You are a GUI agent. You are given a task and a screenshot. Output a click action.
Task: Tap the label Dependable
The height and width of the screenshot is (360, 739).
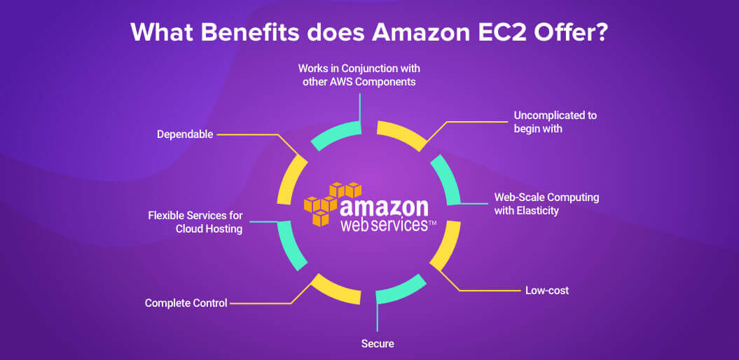[x=185, y=134]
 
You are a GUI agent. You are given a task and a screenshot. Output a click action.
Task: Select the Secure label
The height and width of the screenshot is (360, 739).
[x=378, y=343]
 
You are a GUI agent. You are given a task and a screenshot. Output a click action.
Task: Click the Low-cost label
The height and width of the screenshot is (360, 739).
[x=546, y=290]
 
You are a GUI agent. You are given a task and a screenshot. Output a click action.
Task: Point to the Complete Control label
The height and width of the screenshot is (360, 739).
[x=186, y=303]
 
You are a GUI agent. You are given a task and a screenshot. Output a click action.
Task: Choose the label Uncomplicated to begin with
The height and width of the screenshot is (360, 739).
[x=555, y=122]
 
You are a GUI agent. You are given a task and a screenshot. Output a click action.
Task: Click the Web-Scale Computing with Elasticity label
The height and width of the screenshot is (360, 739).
[x=546, y=204]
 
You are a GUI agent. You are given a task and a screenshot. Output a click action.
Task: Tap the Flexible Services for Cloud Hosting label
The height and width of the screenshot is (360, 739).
[x=195, y=223]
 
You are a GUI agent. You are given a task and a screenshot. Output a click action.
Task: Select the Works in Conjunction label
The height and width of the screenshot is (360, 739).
[x=359, y=75]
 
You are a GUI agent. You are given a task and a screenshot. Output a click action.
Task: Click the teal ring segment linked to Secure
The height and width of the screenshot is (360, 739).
[x=400, y=289]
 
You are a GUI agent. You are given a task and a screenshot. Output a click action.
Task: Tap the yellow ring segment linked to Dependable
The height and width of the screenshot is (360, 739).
[x=289, y=179]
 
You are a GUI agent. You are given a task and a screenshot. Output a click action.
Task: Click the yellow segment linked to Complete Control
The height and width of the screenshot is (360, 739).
[x=334, y=288]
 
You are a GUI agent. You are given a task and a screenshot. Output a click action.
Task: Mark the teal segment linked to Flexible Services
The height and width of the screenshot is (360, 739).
[x=289, y=246]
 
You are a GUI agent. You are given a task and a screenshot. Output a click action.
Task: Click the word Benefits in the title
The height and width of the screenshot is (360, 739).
[x=249, y=32]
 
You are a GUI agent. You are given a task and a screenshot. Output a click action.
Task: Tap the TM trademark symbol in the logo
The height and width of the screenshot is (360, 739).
[x=431, y=227]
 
